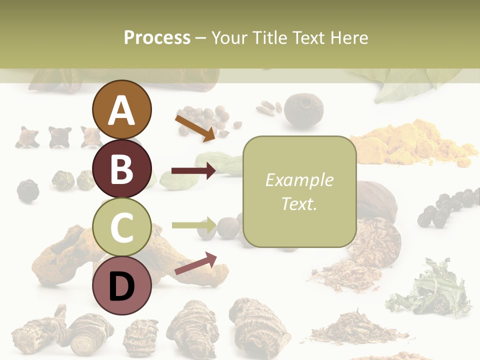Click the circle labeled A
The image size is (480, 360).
tap(121, 109)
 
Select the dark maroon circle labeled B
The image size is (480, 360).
tap(121, 168)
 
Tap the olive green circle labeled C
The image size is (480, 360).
tap(121, 227)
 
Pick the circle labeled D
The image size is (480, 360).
tap(121, 285)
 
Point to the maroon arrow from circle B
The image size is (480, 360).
tap(193, 171)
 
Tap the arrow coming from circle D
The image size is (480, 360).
tap(195, 263)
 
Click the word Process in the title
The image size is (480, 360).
tap(157, 37)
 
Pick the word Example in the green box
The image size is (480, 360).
tap(299, 180)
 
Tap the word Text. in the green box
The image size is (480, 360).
tap(299, 203)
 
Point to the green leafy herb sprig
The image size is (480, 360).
tap(430, 290)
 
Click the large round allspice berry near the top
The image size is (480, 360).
tap(303, 109)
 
